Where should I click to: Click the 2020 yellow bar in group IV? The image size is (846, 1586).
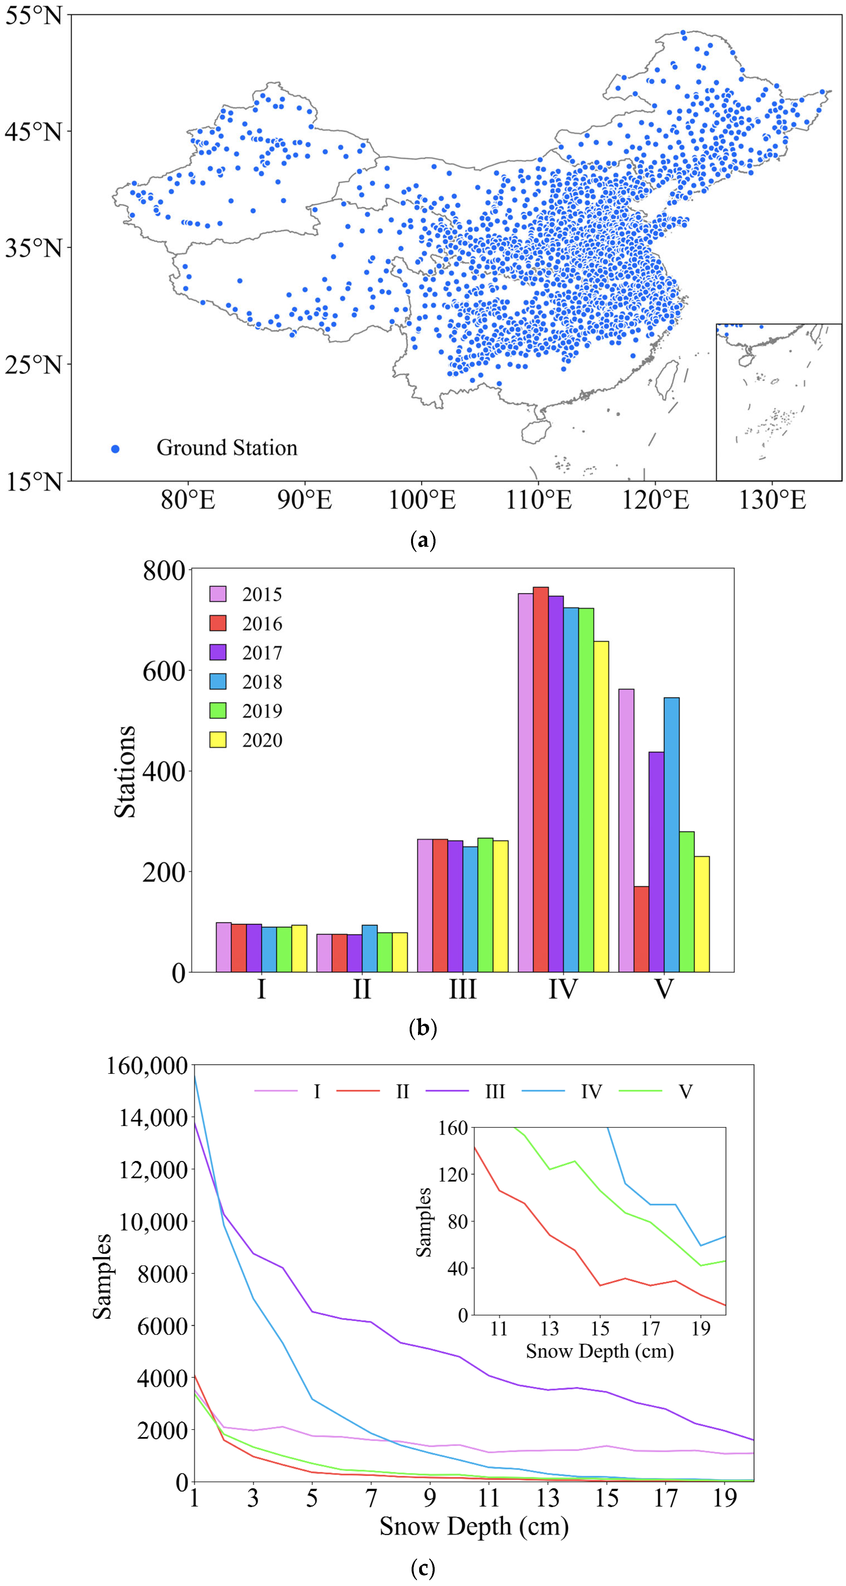coord(601,806)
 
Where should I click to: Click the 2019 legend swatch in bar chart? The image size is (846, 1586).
coord(218,711)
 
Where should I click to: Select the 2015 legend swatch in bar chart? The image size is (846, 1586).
coord(218,594)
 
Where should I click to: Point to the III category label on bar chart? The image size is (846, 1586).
coord(462,989)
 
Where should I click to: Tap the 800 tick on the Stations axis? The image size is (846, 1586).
coord(164,571)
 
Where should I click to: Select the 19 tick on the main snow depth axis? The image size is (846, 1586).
coord(725,1498)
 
